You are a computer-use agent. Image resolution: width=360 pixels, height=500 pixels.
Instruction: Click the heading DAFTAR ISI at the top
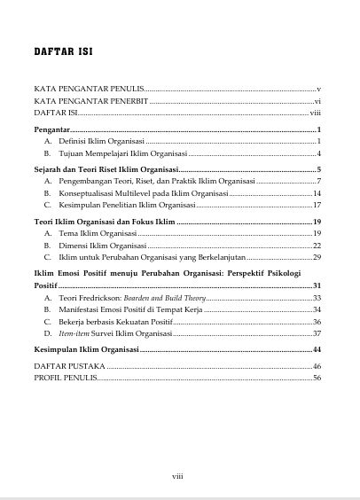pyautogui.click(x=64, y=51)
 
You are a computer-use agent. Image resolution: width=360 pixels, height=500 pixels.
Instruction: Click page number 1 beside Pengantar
pyautogui.click(x=317, y=130)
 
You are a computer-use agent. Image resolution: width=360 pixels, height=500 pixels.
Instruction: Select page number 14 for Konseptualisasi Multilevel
pyautogui.click(x=317, y=192)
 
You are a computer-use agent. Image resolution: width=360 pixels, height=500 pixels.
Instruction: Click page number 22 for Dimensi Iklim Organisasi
pyautogui.click(x=317, y=245)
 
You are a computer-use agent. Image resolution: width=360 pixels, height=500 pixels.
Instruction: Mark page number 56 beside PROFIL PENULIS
pyautogui.click(x=317, y=378)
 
